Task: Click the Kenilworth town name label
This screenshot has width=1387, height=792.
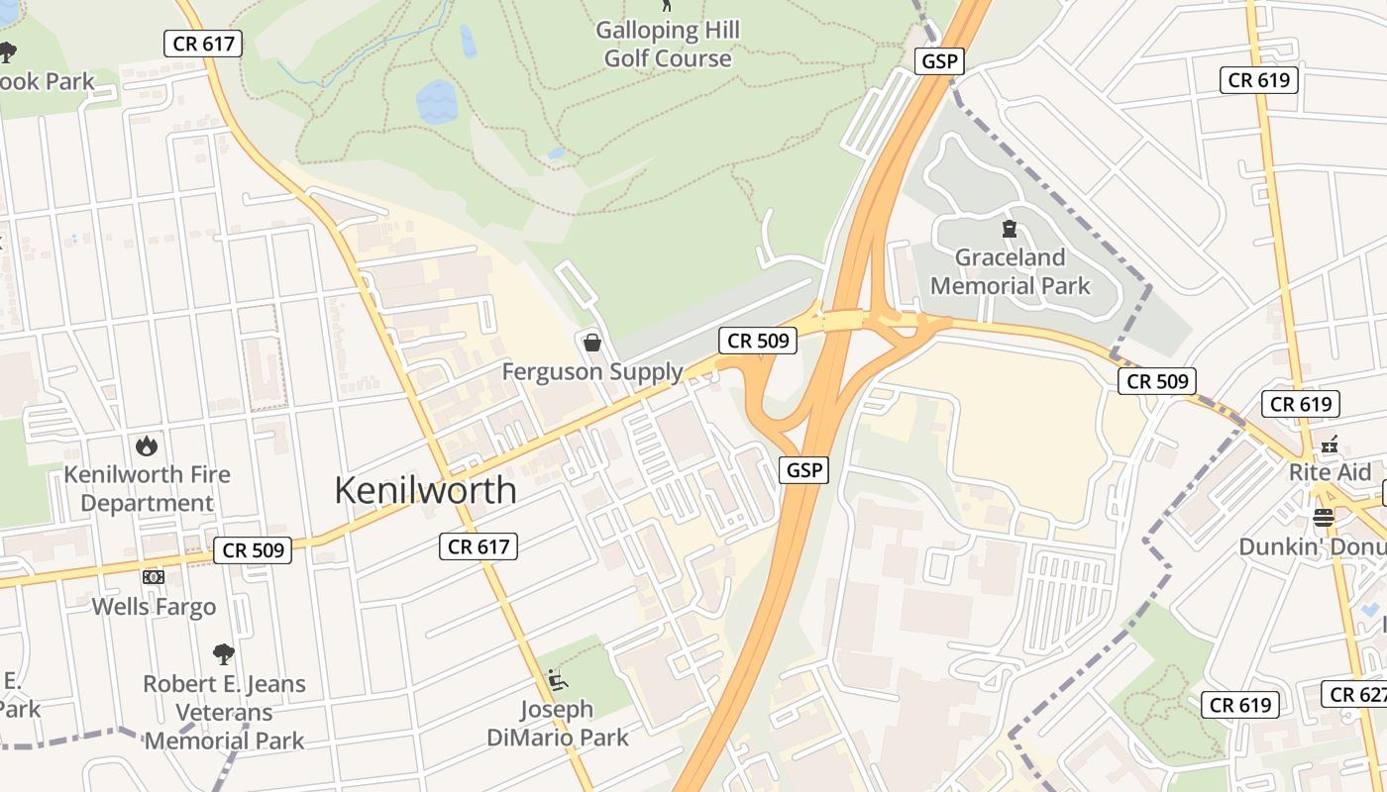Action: pos(425,490)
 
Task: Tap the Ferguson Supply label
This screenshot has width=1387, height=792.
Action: pos(592,372)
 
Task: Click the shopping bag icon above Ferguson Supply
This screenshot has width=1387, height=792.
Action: pos(592,343)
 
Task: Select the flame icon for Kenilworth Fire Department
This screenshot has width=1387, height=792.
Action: pos(147,445)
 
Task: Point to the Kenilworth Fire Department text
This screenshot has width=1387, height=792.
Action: pos(147,488)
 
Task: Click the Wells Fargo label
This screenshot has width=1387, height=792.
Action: pos(154,607)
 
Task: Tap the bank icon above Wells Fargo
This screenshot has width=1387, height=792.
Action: pos(154,576)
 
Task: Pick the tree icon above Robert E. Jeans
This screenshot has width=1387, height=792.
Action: pos(224,653)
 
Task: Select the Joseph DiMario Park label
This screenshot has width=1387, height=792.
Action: pos(558,724)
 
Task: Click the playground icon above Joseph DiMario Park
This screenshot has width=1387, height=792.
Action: pos(557,680)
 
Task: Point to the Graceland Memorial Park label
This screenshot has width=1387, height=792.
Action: pos(1010,272)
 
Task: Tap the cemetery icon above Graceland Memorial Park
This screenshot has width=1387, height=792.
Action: pos(1010,230)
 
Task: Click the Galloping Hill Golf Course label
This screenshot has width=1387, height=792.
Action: pos(668,45)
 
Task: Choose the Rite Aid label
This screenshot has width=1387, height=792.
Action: pos(1330,472)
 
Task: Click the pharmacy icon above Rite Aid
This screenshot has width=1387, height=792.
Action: pos(1330,444)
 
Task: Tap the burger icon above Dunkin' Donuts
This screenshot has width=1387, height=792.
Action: pos(1324,517)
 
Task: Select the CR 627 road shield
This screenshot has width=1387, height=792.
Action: pos(1355,694)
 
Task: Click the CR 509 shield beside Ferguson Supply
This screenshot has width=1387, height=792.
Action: pos(759,341)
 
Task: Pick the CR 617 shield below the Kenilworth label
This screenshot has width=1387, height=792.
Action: pos(480,545)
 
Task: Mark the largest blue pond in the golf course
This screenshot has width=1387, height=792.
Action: pos(436,102)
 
